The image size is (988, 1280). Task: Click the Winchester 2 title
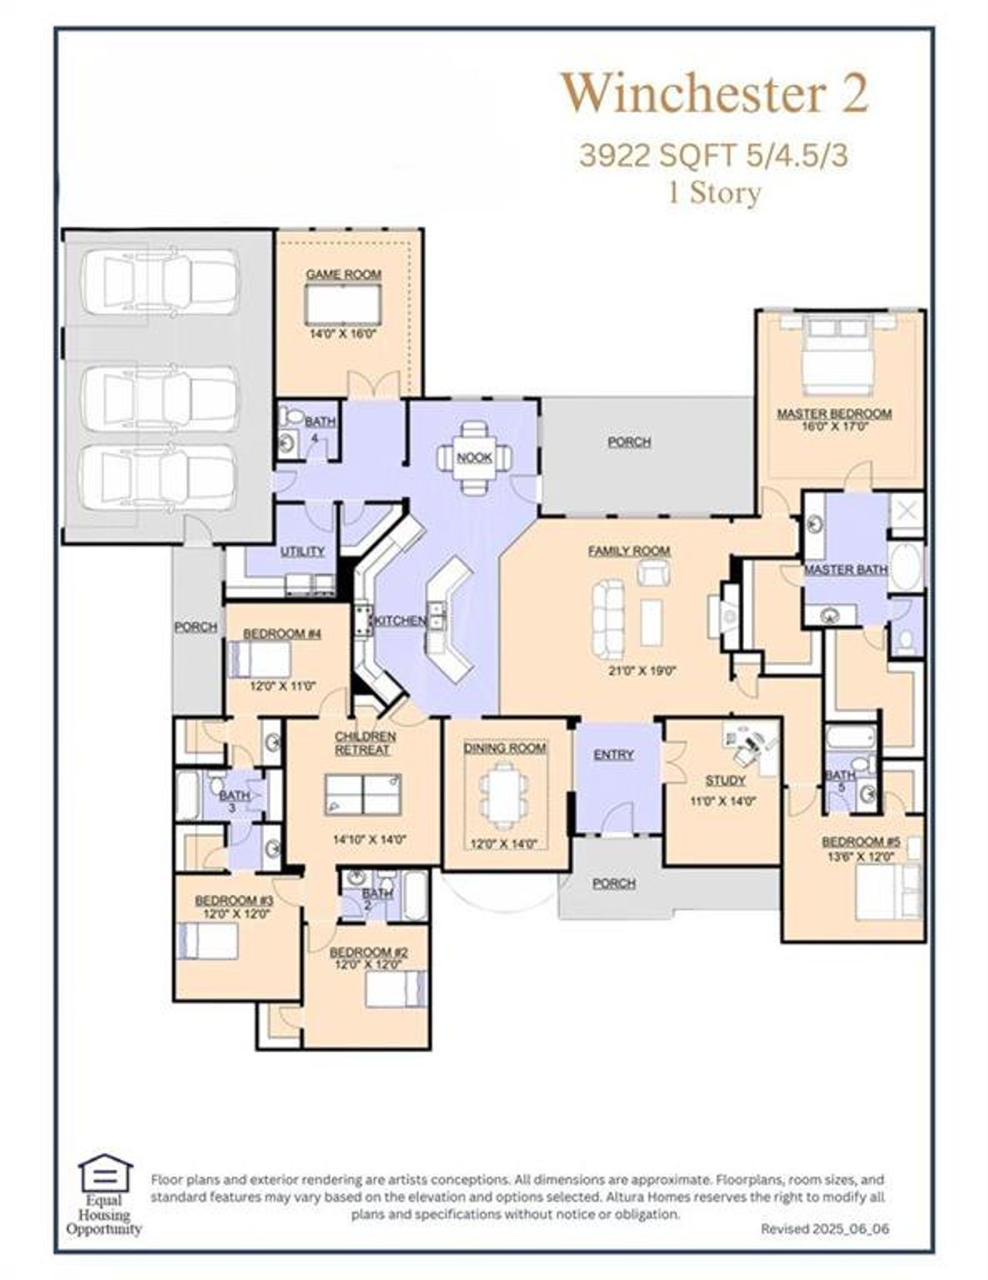click(x=714, y=93)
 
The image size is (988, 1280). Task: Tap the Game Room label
click(x=343, y=274)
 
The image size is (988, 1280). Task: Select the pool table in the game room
click(x=343, y=304)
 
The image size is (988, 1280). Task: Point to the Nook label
click(x=474, y=457)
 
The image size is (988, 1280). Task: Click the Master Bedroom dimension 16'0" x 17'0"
click(x=834, y=425)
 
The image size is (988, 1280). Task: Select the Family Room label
click(x=629, y=551)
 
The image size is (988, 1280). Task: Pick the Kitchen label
click(x=399, y=621)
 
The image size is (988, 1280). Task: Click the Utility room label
click(x=302, y=551)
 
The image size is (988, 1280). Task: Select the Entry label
click(x=614, y=754)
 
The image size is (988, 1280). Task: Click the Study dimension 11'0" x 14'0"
click(x=722, y=801)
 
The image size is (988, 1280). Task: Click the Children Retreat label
click(x=364, y=743)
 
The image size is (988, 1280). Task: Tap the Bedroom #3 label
click(x=234, y=900)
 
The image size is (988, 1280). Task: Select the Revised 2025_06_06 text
click(x=824, y=1228)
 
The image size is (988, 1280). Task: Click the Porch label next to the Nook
click(x=629, y=442)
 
